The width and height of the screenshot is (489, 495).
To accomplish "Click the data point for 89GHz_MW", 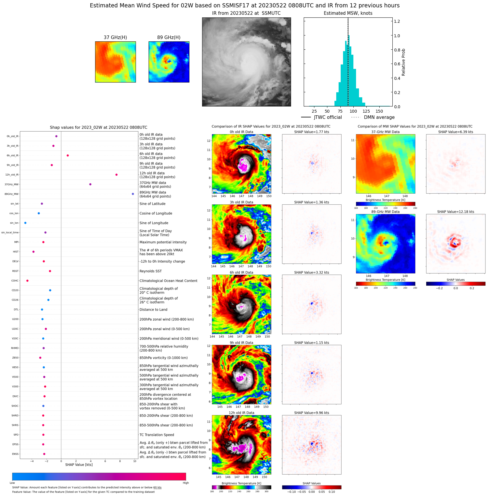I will pos(133,194).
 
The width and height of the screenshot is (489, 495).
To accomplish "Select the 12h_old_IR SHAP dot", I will pos(116,175).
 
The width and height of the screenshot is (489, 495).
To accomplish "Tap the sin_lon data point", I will pos(25,223).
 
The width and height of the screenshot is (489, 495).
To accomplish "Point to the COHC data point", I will pos(27,281).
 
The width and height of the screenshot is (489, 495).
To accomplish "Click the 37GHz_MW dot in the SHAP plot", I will pos(90,184).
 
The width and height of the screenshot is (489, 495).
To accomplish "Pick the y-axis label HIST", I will pos(16,252).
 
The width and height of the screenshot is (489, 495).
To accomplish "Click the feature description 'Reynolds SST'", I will pos(150,271).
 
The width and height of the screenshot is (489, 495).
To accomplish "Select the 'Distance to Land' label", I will pos(153,310).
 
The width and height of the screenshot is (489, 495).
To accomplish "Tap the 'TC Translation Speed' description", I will pos(157,435).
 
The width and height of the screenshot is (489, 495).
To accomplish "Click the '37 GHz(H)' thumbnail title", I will pos(115,37).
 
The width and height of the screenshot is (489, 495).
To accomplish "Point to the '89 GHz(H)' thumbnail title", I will pos(169,37).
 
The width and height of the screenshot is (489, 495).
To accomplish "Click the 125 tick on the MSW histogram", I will pos(366,111).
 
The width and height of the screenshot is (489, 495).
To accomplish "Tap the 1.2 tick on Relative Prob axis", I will pos(397,21).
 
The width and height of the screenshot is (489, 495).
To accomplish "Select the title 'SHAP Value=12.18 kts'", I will pos(456,212).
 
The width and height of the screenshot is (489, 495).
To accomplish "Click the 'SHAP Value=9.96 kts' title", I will pos(311,413).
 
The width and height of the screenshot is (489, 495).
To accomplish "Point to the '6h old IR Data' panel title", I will pos(241,272).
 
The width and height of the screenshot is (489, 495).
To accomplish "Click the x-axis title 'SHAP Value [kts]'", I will pos(79,465).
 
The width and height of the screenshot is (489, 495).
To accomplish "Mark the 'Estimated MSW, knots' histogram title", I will pos(348,13).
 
